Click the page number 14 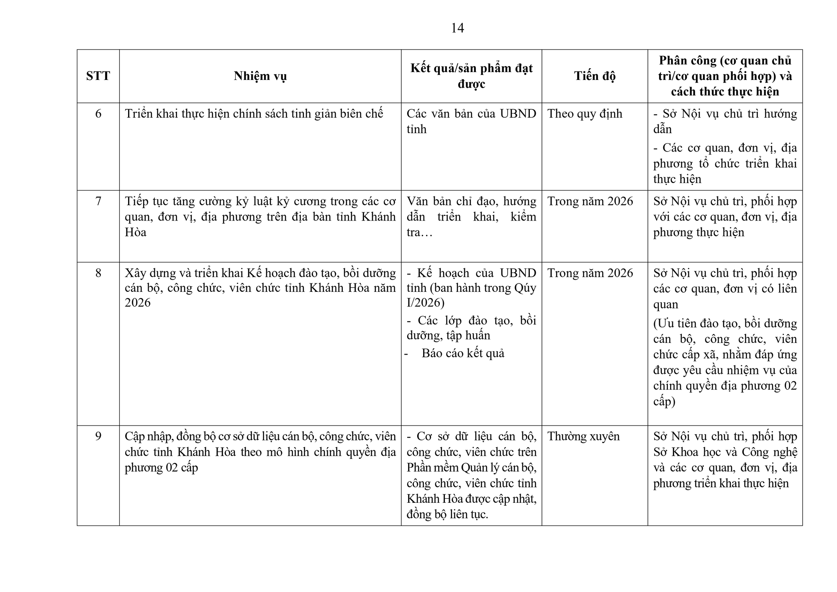click(x=457, y=28)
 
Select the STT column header click(x=98, y=76)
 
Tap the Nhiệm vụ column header click(x=260, y=76)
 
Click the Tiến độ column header click(x=594, y=76)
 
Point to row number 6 click(x=98, y=114)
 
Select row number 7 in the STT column click(x=98, y=201)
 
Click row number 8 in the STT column click(x=98, y=273)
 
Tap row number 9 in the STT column click(x=98, y=436)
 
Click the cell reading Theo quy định click(x=585, y=114)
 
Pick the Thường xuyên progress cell click(x=583, y=436)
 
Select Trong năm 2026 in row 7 click(x=590, y=201)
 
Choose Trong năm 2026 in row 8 click(x=590, y=273)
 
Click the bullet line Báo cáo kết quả click(x=463, y=353)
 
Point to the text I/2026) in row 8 click(x=426, y=303)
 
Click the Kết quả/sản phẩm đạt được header click(x=471, y=76)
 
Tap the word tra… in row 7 click(x=419, y=232)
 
